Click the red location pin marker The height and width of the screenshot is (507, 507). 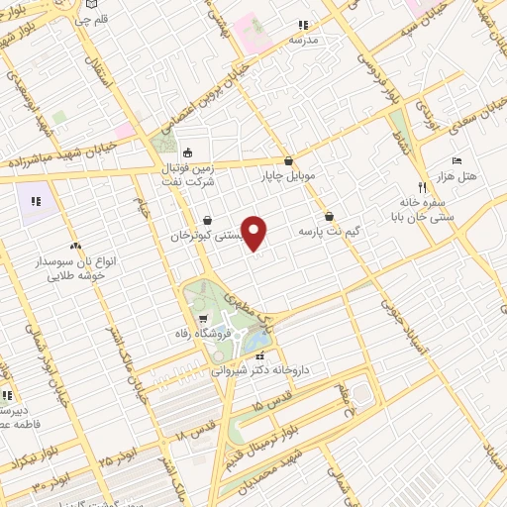pyautogui.click(x=254, y=234)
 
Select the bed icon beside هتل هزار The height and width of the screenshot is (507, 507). pyautogui.click(x=456, y=160)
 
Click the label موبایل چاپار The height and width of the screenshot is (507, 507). pyautogui.click(x=289, y=175)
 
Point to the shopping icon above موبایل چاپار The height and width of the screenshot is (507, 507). pyautogui.click(x=288, y=160)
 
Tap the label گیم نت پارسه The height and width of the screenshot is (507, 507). pyautogui.click(x=329, y=231)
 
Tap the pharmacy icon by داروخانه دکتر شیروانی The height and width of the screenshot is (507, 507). pyautogui.click(x=259, y=355)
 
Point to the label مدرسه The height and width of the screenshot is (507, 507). pyautogui.click(x=304, y=40)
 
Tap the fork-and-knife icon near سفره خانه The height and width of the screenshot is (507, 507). pyautogui.click(x=421, y=186)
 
